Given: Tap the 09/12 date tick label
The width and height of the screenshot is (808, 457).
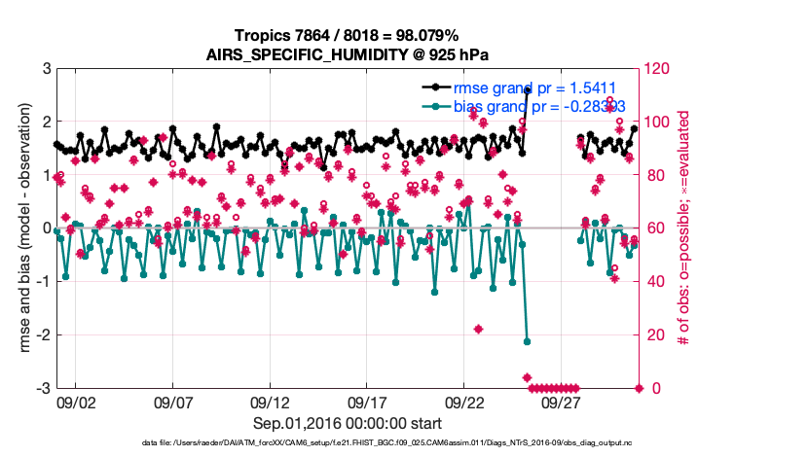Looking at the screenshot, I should point(270,402).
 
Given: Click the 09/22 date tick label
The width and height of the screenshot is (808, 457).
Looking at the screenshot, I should point(464,402).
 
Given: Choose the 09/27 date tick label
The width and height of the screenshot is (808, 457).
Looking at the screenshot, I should point(562,402).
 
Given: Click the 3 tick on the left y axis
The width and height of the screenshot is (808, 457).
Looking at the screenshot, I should point(46,69).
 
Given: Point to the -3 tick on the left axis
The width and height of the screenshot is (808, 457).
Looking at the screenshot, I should point(43,388).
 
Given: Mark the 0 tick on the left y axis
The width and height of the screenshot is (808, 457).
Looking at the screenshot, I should point(46,228).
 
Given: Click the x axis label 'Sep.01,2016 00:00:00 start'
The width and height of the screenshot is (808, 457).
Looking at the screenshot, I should point(348,423).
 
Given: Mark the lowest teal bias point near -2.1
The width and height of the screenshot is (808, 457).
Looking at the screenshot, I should point(527,341).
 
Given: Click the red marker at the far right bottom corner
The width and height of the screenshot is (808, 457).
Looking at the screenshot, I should point(639,388).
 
